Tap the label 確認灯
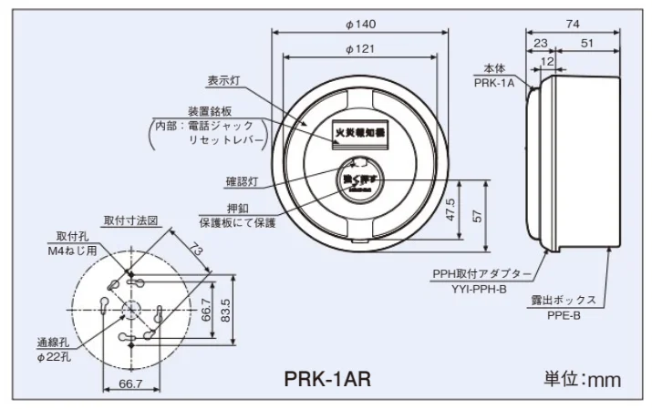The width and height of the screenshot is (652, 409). [x=244, y=181]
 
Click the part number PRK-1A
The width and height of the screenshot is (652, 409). [x=495, y=81]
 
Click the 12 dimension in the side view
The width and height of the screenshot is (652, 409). [x=546, y=60]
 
